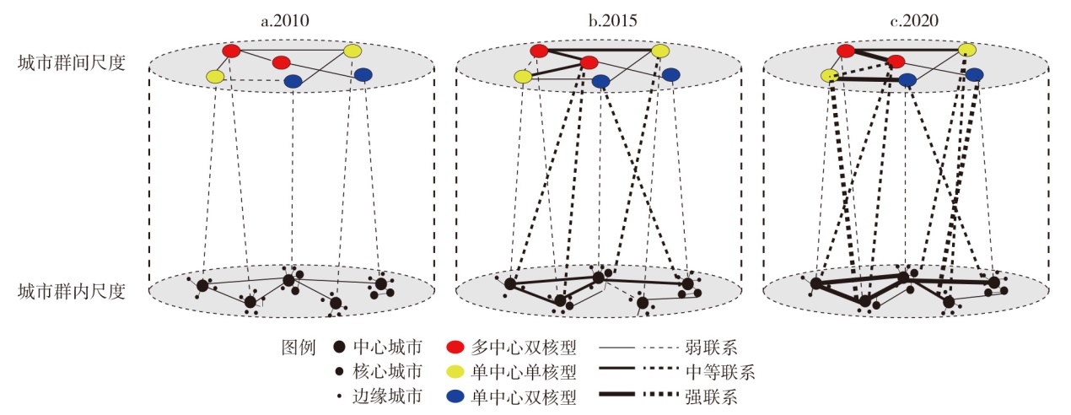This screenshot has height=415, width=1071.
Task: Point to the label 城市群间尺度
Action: (x=71, y=62)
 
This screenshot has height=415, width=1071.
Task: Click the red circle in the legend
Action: (x=455, y=348)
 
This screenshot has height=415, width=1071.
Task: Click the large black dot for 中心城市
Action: (x=339, y=348)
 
